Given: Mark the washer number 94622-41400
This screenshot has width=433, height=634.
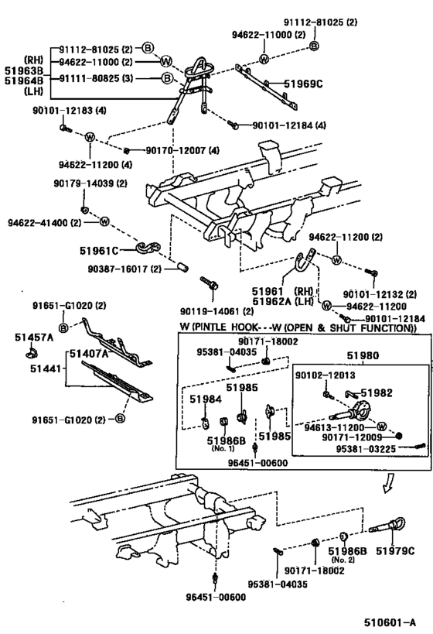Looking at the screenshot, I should coord(35,221).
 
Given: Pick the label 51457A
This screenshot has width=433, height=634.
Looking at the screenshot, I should coord(32,337).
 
